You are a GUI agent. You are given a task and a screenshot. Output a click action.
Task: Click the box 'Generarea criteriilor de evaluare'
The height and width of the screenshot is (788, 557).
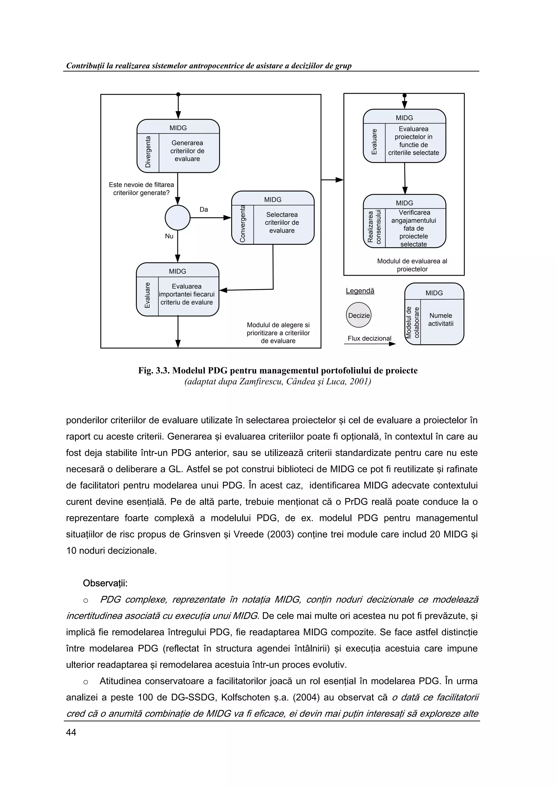tap(187, 151)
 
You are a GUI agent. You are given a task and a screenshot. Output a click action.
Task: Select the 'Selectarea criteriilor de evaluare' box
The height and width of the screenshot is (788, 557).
tap(282, 222)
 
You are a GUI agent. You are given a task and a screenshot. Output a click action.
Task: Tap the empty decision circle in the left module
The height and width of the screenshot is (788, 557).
tap(177, 218)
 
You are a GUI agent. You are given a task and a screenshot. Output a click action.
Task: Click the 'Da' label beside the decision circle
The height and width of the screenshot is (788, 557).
tap(204, 209)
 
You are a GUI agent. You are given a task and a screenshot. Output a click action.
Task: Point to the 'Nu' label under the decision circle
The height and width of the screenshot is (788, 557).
tap(169, 236)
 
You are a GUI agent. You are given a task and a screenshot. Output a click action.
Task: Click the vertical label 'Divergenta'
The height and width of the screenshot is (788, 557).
tap(148, 152)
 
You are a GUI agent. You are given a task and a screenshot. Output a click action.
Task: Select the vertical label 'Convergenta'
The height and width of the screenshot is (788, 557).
tap(243, 224)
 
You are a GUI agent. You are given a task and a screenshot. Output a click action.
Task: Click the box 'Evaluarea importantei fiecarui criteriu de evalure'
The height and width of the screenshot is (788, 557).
tap(187, 294)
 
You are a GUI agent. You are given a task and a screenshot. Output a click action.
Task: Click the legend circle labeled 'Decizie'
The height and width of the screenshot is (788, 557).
tap(359, 315)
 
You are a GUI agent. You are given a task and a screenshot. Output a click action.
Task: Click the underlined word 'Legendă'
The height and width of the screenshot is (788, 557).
tap(360, 291)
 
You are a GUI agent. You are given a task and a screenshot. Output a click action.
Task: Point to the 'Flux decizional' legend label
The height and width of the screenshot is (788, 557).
tap(369, 339)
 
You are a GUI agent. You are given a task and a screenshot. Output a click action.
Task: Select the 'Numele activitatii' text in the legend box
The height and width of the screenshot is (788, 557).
tap(441, 319)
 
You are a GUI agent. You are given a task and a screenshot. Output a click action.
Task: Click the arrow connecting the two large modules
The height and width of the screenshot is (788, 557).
tap(332, 180)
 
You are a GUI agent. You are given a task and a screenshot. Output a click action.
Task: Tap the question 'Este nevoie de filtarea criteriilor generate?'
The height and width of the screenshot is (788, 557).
tap(141, 189)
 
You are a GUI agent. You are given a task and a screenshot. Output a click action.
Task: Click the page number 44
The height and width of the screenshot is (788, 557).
tap(71, 733)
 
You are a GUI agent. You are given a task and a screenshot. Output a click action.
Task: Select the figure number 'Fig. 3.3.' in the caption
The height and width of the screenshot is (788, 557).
tap(153, 371)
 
